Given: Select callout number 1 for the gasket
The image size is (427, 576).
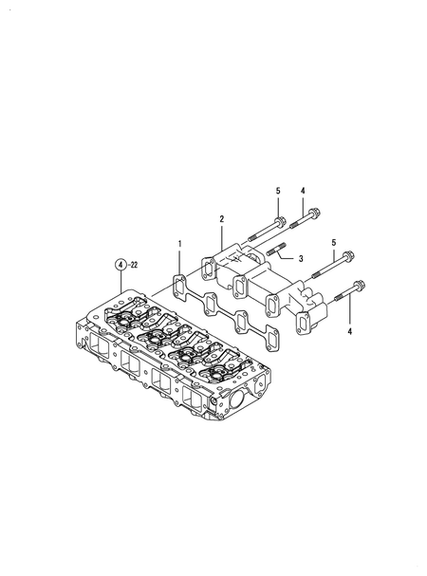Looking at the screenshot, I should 178,245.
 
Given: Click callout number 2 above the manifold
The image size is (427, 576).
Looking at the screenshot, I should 222,220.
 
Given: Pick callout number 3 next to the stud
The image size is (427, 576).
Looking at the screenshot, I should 300,259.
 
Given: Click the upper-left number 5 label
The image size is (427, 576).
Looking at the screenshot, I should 278,193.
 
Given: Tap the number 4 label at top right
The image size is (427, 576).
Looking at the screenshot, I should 303,193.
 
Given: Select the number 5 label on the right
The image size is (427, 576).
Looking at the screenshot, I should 333,244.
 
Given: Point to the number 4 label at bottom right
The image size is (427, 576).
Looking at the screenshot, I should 350,332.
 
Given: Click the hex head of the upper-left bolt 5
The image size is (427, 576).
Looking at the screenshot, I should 279,224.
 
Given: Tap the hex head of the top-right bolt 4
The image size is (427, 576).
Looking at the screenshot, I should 312,214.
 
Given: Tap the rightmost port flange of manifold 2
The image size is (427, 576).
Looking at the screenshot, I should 306,324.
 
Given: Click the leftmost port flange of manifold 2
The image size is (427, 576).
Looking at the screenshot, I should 208,264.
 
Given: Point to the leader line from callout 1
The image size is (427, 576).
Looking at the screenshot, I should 178,263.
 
